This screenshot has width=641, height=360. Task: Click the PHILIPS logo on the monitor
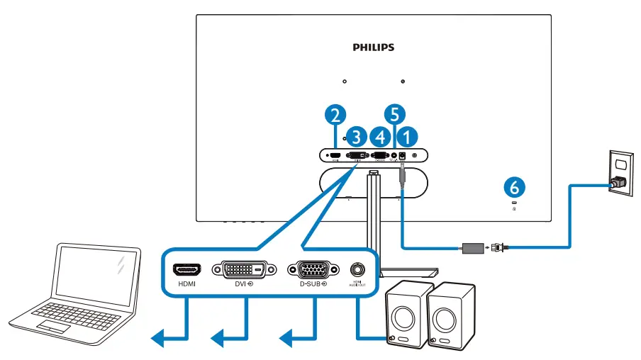pos(373,47)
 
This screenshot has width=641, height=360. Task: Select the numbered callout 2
pos(337,113)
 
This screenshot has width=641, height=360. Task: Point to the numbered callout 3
pos(358,135)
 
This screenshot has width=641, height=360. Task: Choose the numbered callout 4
pos(382,135)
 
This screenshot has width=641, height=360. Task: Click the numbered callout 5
pos(396,113)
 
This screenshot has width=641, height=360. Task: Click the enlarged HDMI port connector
pos(187,269)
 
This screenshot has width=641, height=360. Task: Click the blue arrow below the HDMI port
pos(170,341)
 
